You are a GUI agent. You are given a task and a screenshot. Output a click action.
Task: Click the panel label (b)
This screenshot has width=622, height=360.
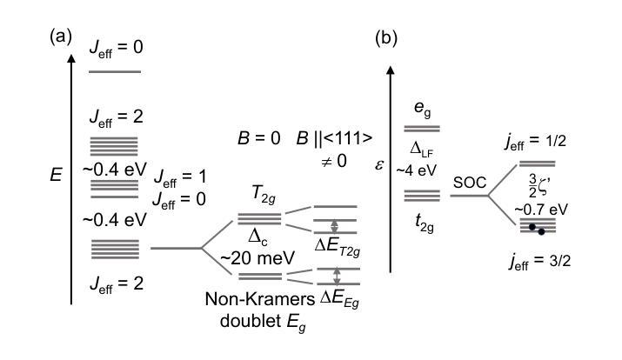coord(387,37)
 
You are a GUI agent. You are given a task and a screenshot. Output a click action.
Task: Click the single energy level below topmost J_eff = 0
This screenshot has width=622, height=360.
coord(115,70)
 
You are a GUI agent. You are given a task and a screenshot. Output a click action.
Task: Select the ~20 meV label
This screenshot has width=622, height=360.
coord(251,258)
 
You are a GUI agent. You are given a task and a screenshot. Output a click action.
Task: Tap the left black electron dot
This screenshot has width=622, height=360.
coord(530,227)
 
